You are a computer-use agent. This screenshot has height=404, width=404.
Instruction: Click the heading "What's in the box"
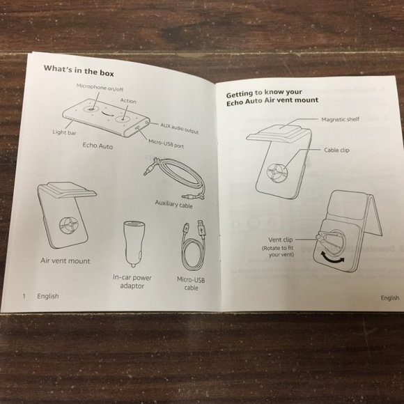(x=79, y=71)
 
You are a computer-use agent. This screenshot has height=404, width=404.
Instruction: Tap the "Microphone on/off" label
(x=100, y=87)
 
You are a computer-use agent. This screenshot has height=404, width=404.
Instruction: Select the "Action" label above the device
(x=128, y=101)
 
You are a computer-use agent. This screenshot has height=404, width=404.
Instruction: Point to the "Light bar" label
(x=64, y=132)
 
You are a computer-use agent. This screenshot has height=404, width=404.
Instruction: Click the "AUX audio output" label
(x=180, y=128)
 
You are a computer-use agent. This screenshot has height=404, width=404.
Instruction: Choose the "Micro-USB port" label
(x=166, y=143)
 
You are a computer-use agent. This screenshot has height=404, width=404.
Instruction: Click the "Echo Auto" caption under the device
(x=98, y=146)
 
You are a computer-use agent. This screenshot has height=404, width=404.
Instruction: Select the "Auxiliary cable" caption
(x=173, y=204)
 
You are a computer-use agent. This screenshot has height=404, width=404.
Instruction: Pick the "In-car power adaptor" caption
(x=132, y=281)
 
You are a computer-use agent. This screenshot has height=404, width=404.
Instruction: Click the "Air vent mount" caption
(x=65, y=261)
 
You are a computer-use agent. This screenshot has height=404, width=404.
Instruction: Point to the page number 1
(x=24, y=296)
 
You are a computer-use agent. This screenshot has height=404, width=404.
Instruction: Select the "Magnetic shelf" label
(x=340, y=119)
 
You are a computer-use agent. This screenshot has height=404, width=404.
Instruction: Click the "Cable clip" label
(x=336, y=150)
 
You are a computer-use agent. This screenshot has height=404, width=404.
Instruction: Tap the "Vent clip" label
(x=281, y=240)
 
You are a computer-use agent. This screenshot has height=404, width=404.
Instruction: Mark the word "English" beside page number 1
(x=48, y=296)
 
